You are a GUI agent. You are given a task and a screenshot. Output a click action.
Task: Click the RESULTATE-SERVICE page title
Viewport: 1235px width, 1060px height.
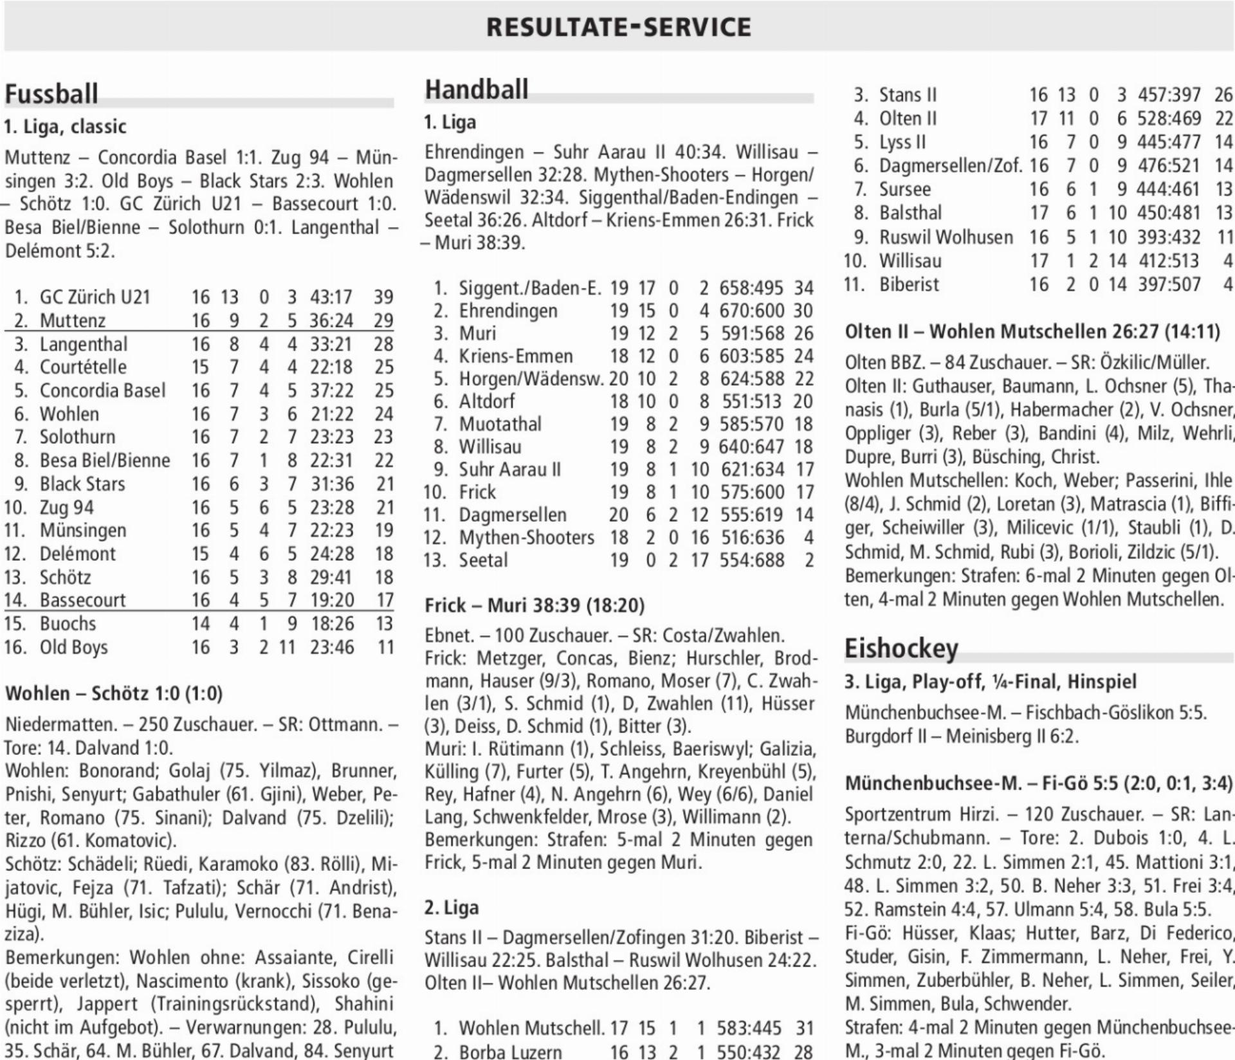click(618, 27)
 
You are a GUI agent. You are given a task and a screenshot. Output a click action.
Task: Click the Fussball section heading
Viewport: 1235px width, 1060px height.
click(51, 94)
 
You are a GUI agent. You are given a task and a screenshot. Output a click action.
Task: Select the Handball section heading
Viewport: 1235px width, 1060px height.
click(477, 89)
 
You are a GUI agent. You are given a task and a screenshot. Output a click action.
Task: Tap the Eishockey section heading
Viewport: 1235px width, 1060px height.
click(901, 648)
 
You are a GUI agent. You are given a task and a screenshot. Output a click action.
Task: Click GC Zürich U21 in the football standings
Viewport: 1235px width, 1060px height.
click(95, 297)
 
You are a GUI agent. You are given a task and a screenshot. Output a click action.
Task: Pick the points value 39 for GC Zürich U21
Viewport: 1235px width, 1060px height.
click(383, 297)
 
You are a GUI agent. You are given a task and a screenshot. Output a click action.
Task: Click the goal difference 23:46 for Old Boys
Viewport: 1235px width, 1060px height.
click(332, 647)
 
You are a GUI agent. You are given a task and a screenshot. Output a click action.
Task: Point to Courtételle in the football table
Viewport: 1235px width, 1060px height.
click(83, 367)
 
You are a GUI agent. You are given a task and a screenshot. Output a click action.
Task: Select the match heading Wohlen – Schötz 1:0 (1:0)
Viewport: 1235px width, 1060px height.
click(114, 693)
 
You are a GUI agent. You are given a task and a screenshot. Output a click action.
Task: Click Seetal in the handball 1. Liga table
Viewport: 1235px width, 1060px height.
click(483, 560)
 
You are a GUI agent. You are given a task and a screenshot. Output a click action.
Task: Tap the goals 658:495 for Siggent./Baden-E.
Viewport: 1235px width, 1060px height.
click(751, 288)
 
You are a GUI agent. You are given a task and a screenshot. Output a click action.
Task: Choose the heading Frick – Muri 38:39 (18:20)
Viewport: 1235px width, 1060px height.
click(535, 605)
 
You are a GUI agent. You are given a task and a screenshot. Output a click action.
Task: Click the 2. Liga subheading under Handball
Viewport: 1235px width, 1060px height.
click(452, 908)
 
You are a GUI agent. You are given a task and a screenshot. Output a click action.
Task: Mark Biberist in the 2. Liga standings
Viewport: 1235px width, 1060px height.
click(909, 284)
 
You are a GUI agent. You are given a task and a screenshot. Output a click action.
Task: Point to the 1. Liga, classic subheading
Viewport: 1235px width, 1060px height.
click(65, 127)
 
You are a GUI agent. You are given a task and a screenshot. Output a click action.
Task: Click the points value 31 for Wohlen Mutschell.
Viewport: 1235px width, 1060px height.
click(805, 1028)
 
